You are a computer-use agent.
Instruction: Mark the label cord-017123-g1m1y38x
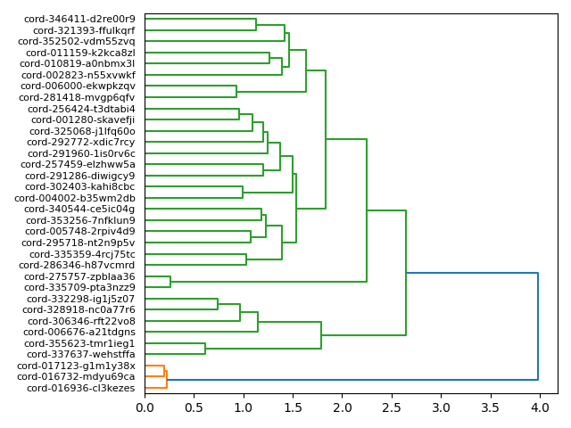(76, 366)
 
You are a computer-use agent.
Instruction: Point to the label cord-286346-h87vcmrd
(77, 265)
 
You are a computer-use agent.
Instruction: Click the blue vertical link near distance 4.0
(538, 326)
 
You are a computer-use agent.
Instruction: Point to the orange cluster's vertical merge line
(167, 380)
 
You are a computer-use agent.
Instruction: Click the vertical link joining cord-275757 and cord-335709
(170, 282)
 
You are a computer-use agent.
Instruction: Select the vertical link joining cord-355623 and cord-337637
(205, 349)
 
